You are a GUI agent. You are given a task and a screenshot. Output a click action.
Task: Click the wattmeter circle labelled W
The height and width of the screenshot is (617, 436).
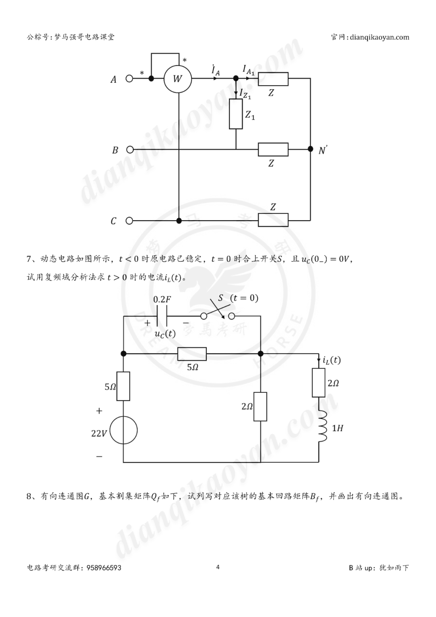point(178,79)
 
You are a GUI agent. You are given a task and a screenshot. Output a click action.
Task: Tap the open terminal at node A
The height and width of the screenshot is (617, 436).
point(129,79)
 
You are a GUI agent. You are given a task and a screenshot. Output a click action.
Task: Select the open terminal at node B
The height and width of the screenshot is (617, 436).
point(130,150)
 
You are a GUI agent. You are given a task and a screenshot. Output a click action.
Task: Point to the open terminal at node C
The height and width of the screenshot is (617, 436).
point(129,221)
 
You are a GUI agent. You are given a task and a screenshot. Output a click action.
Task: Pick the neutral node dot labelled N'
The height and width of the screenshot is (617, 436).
point(310,149)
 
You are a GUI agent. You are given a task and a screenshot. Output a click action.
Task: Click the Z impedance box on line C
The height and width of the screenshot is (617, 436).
point(273,220)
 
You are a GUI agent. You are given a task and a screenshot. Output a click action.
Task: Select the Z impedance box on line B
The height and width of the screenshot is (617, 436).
point(273,150)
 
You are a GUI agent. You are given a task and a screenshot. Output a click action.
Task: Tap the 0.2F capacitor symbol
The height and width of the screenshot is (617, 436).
point(161,316)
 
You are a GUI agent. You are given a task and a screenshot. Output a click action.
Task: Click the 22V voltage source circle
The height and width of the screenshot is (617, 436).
point(124,430)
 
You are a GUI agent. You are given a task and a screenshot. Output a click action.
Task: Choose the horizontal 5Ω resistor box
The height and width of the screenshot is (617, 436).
point(192,354)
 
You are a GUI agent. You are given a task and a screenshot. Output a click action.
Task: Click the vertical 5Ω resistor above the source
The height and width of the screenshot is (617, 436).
point(123,386)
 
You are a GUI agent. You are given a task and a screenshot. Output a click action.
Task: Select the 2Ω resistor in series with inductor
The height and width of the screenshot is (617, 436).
point(319,382)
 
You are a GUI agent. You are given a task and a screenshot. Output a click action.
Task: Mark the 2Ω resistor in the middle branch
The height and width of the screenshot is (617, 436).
point(260,406)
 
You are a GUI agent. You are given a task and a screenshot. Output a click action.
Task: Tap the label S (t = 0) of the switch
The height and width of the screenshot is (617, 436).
point(238,298)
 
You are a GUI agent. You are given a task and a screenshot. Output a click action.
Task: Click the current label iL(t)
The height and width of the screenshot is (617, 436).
point(331,360)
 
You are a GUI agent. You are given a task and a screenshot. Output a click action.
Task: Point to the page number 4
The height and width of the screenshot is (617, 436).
point(218,567)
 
